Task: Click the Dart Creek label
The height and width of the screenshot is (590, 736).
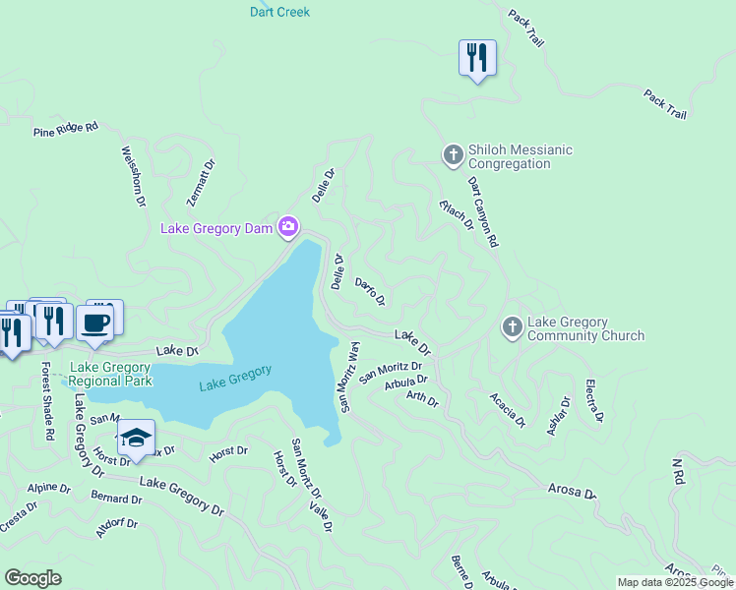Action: pos(280,12)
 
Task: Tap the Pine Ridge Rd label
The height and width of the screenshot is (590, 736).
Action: pos(66,128)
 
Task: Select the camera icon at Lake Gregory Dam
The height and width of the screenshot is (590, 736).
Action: pos(288,228)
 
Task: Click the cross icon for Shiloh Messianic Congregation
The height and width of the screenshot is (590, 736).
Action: pos(453,154)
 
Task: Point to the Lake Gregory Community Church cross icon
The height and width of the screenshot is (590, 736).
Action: pos(512,327)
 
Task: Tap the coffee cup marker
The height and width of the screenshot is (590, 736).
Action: pos(95,323)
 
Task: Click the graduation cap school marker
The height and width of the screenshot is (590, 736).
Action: pos(136,438)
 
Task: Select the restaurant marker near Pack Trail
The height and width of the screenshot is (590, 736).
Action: pos(477,58)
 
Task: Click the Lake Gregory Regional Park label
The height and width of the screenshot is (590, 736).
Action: pos(111,374)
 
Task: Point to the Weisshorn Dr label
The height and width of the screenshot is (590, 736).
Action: pos(133,177)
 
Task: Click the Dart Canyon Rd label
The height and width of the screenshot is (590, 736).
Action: pos(483,211)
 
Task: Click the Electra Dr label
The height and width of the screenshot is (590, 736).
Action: pos(593,400)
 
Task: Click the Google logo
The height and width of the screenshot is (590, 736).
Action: pos(32,578)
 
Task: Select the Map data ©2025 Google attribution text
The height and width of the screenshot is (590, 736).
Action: pos(674,582)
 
